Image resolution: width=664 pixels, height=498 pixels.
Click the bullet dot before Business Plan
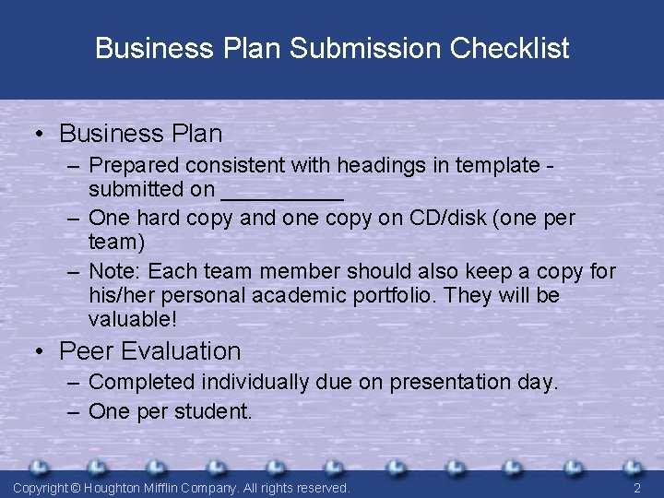pos(41,134)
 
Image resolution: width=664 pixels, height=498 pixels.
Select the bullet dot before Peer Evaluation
pos(41,351)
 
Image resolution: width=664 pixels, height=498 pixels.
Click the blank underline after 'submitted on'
pos(282,194)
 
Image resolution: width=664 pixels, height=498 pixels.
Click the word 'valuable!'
pos(132,319)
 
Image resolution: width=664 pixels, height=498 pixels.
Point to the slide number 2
pos(637,487)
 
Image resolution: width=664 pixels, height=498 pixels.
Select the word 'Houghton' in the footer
pos(114,487)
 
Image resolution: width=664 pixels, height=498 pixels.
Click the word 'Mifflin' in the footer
pos(172,487)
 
